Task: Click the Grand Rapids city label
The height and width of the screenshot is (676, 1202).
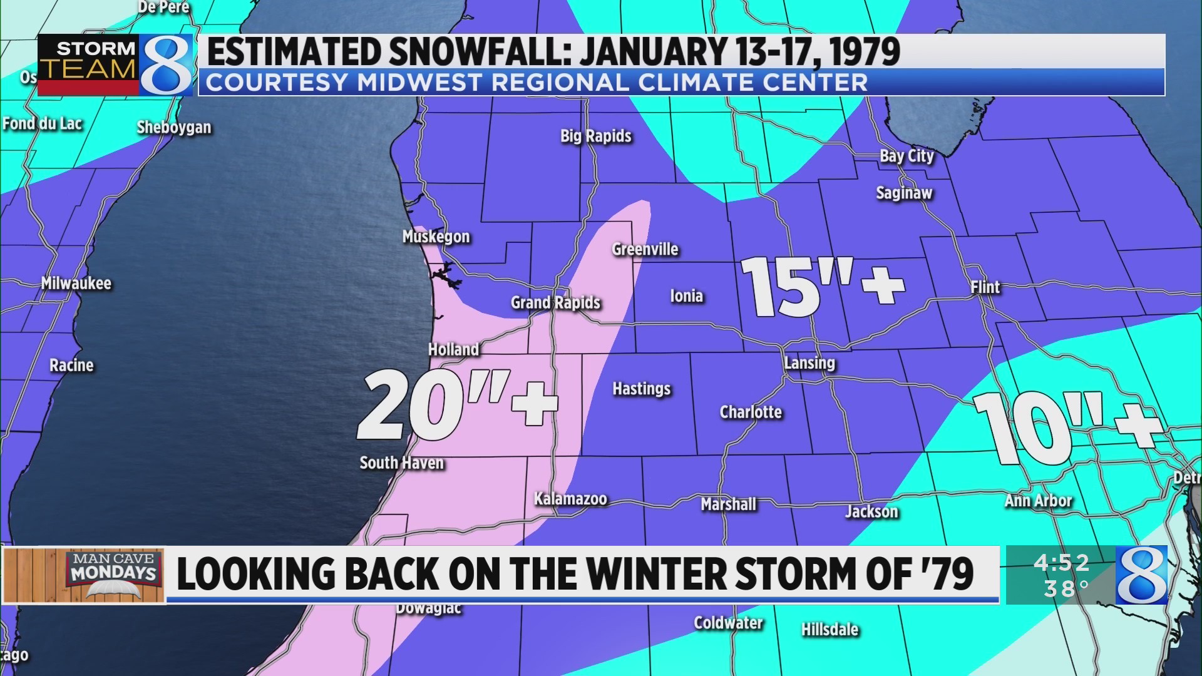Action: (555, 303)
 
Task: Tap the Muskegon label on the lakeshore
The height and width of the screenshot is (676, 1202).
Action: (436, 237)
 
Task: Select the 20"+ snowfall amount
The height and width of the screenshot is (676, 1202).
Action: (456, 404)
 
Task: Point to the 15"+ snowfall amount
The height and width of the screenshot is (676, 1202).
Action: (822, 287)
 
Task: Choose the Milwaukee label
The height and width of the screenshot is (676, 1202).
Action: (76, 284)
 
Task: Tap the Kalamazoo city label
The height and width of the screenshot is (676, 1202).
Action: (570, 499)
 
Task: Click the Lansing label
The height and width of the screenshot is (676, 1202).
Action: (809, 363)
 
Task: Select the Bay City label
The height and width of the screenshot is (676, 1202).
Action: (906, 156)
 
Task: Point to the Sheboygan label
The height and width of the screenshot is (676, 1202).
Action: (174, 127)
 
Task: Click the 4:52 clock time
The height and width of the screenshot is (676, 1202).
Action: (1061, 563)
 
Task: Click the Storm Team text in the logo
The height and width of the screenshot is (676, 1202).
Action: (88, 59)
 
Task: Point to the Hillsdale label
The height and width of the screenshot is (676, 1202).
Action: (830, 629)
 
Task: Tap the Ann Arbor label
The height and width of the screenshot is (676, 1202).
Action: (1038, 501)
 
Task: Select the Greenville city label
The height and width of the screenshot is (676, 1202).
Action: (645, 249)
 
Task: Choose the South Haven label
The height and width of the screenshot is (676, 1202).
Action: (401, 463)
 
